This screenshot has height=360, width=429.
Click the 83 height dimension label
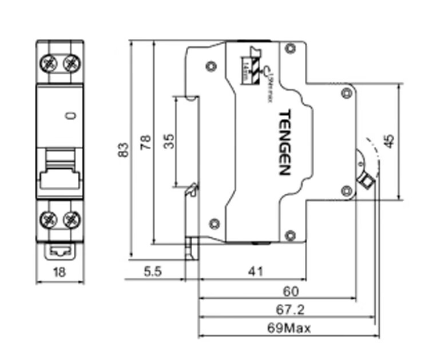click(x=122, y=150)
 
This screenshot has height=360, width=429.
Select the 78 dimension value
click(x=145, y=141)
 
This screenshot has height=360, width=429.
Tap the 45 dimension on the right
click(x=389, y=141)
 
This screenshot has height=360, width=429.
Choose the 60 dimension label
click(x=291, y=291)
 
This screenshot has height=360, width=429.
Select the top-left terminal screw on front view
click(x=47, y=62)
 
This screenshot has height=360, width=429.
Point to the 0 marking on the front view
click(x=70, y=116)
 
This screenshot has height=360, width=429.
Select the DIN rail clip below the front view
click(x=59, y=250)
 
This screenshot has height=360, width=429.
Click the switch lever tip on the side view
click(x=366, y=182)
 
